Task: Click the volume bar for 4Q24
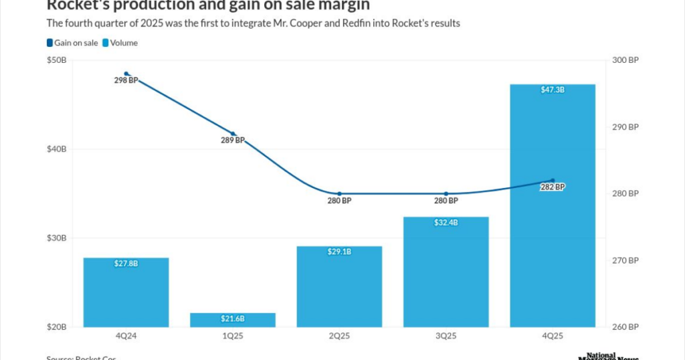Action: click(x=126, y=292)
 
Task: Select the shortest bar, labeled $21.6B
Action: click(x=233, y=320)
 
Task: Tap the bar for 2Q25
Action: click(x=339, y=286)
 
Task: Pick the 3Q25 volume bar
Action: click(x=446, y=272)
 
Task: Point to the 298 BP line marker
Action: click(x=126, y=74)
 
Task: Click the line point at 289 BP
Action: click(x=233, y=134)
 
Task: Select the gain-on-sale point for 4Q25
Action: click(x=553, y=181)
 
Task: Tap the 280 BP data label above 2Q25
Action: click(x=339, y=201)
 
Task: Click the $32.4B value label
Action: click(x=446, y=222)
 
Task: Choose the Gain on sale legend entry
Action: click(x=72, y=43)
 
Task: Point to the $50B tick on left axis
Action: click(x=56, y=60)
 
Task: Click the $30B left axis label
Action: click(x=56, y=238)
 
